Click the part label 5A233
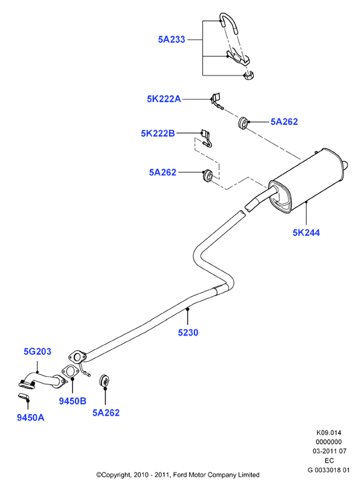click(x=172, y=39)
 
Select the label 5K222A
click(x=164, y=99)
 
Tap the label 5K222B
click(x=158, y=133)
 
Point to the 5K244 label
click(x=306, y=233)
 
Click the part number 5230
click(x=188, y=332)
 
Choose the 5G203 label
click(x=37, y=352)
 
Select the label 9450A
click(x=31, y=418)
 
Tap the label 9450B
click(x=73, y=401)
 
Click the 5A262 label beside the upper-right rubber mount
click(x=284, y=122)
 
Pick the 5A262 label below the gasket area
click(x=106, y=412)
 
